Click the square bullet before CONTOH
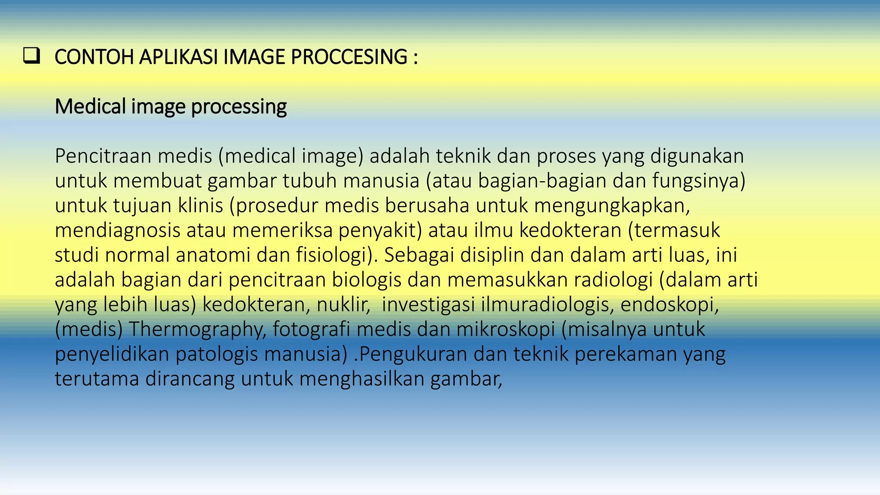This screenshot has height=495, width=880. coord(32,57)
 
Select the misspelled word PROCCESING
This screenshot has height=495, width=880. coord(349,57)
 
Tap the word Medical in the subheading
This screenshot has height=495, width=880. coord(90,107)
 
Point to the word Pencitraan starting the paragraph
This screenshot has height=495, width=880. coord(103,156)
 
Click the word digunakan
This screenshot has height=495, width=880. coord(697,156)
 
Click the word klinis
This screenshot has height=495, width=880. coord(201,205)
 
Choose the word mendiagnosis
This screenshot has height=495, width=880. coord(117,230)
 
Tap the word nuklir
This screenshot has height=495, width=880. coord(343,305)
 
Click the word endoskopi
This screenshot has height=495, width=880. coord(669,305)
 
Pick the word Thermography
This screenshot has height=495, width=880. coord(197,330)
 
